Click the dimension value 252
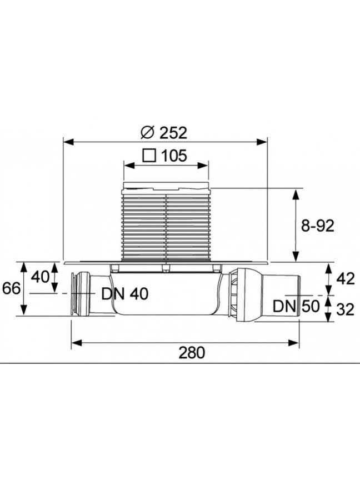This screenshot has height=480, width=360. click(173, 133)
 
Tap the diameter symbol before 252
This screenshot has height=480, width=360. click(147, 133)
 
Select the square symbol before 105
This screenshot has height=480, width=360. click(149, 156)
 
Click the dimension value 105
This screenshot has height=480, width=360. click(173, 156)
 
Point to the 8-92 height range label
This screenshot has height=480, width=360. click(318, 226)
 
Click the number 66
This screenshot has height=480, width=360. click(11, 288)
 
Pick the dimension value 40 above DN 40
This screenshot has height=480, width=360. click(40, 277)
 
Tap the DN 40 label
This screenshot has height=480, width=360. click(125, 294)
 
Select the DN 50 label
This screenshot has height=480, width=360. click(296, 306)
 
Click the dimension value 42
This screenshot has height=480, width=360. click(346, 279)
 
